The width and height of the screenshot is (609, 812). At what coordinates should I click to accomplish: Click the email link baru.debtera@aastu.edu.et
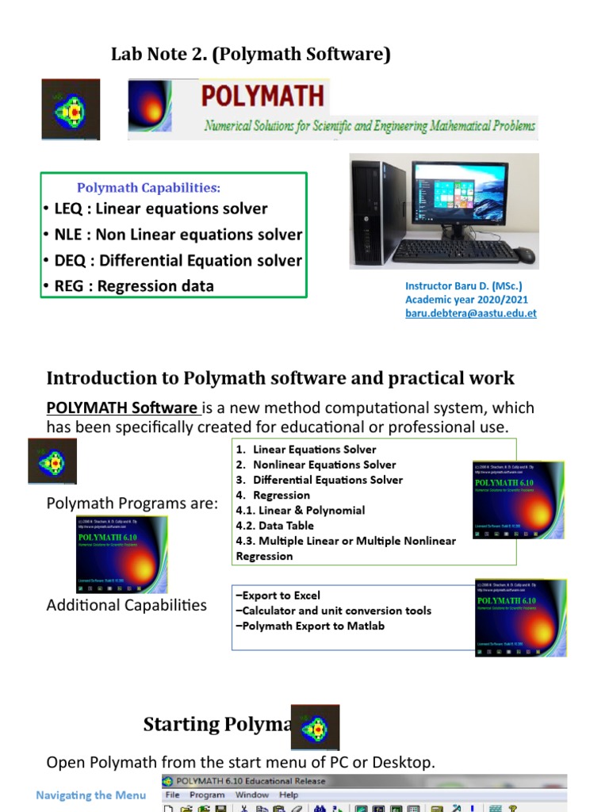click(470, 313)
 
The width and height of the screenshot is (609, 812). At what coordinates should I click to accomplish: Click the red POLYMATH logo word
click(262, 96)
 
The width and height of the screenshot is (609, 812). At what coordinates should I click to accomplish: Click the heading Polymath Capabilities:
click(148, 188)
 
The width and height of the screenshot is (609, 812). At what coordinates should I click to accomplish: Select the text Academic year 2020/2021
click(466, 300)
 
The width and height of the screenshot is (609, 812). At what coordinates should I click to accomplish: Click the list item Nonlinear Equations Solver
click(324, 465)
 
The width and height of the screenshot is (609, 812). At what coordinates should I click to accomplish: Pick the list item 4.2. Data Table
click(274, 525)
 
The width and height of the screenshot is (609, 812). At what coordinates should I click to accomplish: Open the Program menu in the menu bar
click(207, 795)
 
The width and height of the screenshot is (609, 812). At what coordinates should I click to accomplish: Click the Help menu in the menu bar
click(289, 795)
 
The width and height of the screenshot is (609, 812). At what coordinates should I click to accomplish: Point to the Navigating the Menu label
click(91, 795)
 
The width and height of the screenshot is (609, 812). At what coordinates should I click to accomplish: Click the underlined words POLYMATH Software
click(122, 408)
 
